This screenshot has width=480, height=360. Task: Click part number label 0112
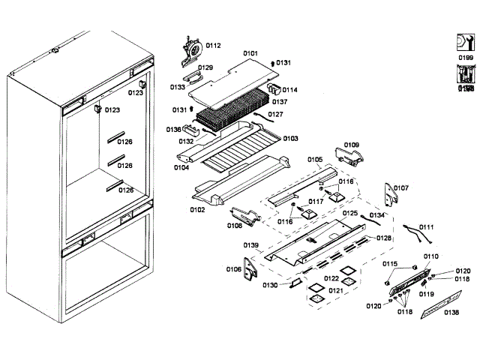point(214,46)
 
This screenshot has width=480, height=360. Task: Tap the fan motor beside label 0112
point(191,49)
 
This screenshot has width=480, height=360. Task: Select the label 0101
point(250,53)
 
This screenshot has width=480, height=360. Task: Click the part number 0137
point(280,101)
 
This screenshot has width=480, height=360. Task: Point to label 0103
point(290,139)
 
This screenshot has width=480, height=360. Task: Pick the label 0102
point(197,210)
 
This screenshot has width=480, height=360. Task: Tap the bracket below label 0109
point(349,156)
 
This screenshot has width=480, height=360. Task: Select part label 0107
point(401,188)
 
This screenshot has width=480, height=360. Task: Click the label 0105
point(314,160)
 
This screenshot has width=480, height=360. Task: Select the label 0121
point(335,290)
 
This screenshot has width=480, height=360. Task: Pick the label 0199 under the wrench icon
point(466,57)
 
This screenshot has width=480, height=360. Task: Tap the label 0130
point(271,285)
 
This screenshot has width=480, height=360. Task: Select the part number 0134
point(377,215)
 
